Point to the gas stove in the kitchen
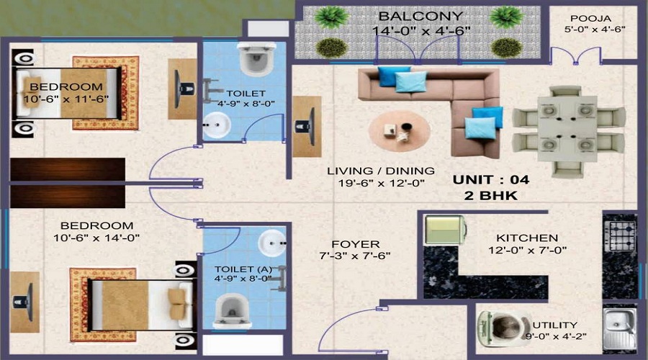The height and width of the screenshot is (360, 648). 619,236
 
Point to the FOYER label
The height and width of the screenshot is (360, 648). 356,244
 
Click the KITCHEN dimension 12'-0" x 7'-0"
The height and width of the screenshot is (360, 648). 527,251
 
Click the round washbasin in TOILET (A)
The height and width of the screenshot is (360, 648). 272,243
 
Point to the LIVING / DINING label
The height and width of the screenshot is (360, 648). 380,171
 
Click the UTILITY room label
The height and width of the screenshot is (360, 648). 554,325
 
